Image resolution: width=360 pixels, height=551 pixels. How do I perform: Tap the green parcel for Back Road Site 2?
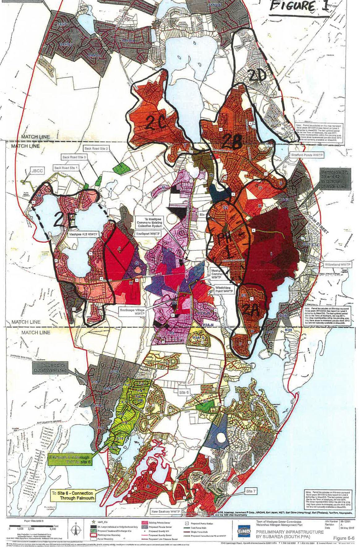[x=121, y=167]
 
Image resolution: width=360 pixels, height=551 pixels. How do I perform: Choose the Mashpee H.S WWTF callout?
[x=81, y=234]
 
